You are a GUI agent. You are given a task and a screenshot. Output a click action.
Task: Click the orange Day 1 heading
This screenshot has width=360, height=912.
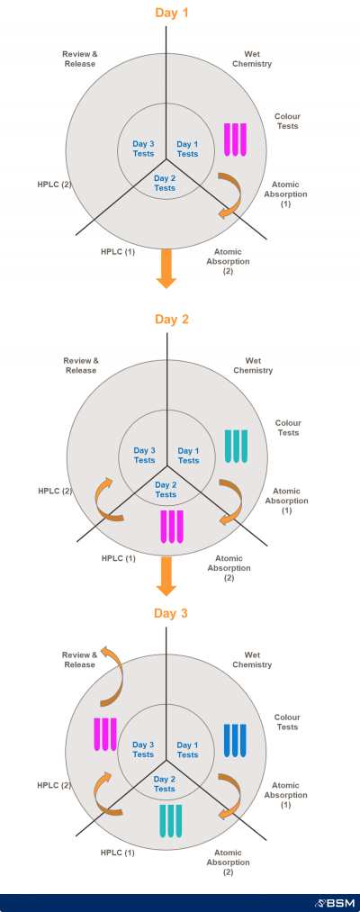[x=172, y=13]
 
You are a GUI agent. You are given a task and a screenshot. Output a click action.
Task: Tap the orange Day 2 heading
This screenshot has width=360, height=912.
[x=172, y=320]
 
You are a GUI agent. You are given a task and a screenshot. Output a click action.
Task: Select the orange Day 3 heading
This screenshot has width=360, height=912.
[x=172, y=613]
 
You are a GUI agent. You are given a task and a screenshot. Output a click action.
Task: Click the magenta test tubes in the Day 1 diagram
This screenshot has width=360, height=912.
[x=236, y=140]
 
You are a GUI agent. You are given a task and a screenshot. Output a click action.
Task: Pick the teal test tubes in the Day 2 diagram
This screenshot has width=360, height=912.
[x=236, y=447]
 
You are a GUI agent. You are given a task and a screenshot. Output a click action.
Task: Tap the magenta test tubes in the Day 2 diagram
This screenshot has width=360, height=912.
[x=172, y=527]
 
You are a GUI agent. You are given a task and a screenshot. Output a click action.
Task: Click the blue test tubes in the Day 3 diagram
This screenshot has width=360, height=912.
[x=235, y=740]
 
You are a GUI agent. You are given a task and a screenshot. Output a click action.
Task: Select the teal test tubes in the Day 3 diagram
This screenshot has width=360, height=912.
[x=171, y=821]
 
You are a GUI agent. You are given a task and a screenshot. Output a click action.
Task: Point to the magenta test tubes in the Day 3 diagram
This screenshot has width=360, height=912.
[x=105, y=735]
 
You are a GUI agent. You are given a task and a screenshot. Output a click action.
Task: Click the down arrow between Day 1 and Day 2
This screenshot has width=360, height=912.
[x=166, y=268]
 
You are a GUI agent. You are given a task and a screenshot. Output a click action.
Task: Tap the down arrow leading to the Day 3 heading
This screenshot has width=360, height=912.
[x=166, y=576]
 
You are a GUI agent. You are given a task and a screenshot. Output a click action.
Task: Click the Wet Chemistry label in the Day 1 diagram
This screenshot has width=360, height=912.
[x=252, y=59]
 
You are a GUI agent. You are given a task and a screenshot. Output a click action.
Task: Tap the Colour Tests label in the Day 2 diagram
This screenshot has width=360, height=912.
[x=288, y=428]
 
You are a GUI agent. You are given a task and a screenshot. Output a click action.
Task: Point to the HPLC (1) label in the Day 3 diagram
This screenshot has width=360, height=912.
[x=118, y=853]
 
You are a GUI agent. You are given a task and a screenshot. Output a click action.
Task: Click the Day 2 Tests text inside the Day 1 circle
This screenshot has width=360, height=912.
[x=165, y=184]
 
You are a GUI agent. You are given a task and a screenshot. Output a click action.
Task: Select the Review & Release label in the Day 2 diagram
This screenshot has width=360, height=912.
[x=81, y=366]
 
